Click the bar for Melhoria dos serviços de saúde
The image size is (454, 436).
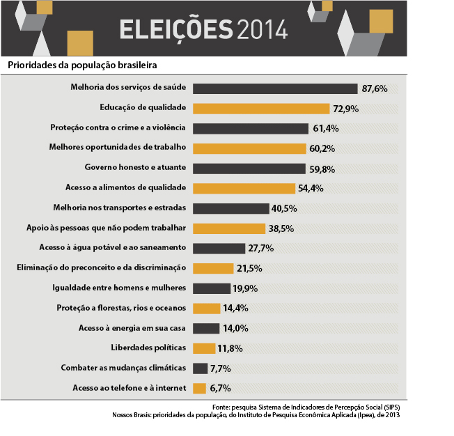point(274,88)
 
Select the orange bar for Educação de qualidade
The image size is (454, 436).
point(260,109)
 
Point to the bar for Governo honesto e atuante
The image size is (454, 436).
point(249,169)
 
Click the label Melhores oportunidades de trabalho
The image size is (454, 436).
point(118,148)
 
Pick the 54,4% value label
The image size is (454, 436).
point(311,189)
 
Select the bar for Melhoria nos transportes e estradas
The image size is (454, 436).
point(230,208)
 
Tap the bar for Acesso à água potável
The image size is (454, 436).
point(219,248)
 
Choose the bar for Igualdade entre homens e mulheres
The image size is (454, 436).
point(211,288)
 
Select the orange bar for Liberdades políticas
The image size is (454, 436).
point(203,348)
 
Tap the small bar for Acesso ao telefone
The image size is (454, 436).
point(199,389)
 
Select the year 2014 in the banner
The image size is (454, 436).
point(262,29)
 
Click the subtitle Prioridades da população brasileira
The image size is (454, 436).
point(81,65)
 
